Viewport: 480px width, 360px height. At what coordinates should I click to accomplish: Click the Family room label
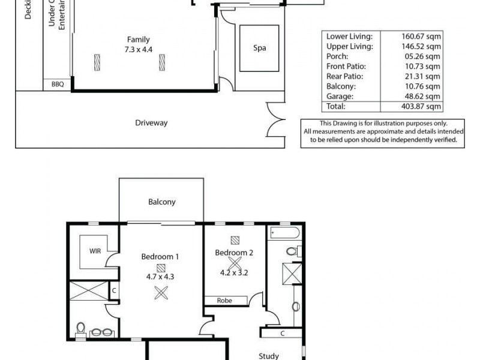[138, 40]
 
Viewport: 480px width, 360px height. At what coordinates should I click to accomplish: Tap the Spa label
[259, 48]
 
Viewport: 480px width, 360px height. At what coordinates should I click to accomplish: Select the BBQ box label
[56, 85]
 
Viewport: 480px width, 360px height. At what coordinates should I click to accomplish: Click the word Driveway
[151, 123]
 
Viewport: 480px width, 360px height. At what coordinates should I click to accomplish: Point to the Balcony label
[161, 202]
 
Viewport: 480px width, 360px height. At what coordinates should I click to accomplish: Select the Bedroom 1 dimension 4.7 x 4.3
[160, 277]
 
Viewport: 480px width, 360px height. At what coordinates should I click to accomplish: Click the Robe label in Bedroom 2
[226, 300]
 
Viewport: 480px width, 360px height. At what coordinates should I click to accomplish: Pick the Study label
[268, 356]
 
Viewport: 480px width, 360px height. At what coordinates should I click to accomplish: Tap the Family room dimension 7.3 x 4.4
[137, 50]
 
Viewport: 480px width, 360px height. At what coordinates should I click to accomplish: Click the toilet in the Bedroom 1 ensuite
[81, 328]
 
